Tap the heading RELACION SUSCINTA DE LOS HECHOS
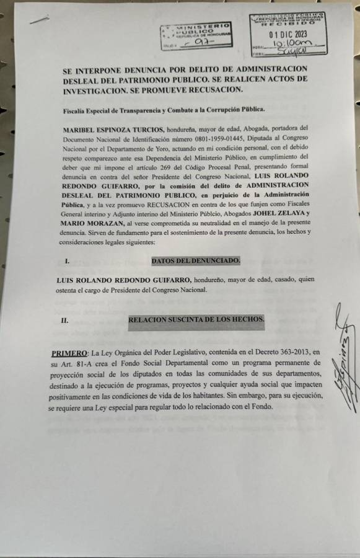(x=196, y=320)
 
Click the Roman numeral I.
(x=66, y=261)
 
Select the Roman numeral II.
(x=64, y=321)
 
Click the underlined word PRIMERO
(x=69, y=352)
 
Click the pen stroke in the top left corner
(x=39, y=19)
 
